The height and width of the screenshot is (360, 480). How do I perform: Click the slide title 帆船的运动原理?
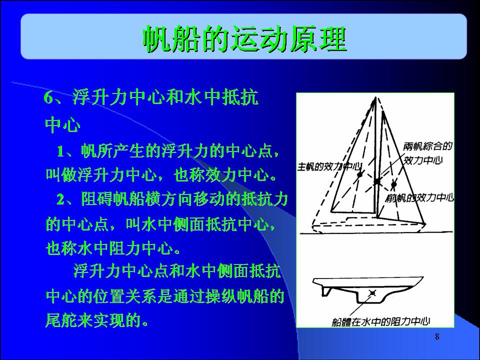[244, 39]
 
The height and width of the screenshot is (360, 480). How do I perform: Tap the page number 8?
[437, 336]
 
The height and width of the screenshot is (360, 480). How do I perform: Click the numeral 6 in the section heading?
[48, 98]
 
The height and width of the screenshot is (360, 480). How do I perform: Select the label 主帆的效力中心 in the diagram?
[329, 166]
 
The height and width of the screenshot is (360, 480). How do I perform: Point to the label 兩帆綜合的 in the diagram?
[427, 146]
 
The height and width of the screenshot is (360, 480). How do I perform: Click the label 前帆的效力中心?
[419, 198]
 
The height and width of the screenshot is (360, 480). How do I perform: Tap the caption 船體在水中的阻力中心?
[381, 321]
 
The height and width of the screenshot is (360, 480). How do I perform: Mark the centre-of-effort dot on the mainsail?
[359, 174]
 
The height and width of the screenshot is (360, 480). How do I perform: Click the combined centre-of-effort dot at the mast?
[377, 182]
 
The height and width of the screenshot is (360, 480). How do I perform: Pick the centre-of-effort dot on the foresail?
[393, 184]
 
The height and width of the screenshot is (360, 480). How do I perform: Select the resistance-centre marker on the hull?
[372, 293]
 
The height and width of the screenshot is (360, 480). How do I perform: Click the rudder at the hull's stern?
[325, 291]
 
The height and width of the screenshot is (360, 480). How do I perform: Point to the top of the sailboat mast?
[375, 97]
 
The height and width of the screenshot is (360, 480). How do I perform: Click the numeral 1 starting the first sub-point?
[60, 151]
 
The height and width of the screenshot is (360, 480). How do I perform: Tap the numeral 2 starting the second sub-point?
[60, 199]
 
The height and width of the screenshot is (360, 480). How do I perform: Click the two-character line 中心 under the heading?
[63, 124]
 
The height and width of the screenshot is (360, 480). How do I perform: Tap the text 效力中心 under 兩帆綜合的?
[423, 160]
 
